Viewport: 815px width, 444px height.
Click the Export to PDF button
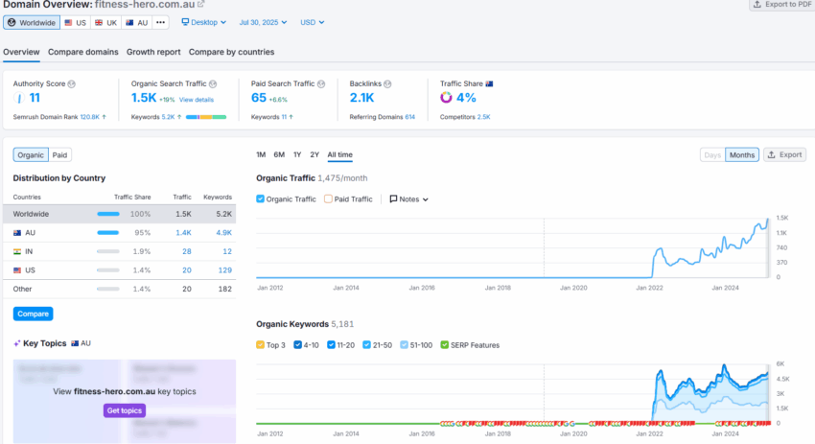[779, 5]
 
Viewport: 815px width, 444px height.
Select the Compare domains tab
[83, 52]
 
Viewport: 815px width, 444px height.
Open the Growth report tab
[153, 52]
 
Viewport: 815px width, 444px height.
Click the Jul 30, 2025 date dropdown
[264, 22]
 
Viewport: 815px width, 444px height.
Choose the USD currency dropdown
[313, 22]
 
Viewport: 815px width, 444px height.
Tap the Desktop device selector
[204, 22]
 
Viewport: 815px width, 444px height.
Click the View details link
[197, 100]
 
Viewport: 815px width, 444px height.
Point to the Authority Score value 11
[35, 98]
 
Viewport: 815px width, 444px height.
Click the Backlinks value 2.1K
[362, 98]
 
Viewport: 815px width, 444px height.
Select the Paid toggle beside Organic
[59, 154]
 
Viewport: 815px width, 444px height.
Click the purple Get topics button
[125, 410]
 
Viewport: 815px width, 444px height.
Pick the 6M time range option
[279, 154]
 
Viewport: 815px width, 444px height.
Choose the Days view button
[712, 154]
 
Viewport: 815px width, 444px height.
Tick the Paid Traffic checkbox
[329, 199]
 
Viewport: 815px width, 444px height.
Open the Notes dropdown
[408, 199]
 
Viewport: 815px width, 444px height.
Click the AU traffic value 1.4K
[182, 233]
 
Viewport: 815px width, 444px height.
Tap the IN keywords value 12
[227, 251]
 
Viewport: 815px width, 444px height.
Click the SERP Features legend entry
[471, 345]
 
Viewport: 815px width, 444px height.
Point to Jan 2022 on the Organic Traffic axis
[650, 287]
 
